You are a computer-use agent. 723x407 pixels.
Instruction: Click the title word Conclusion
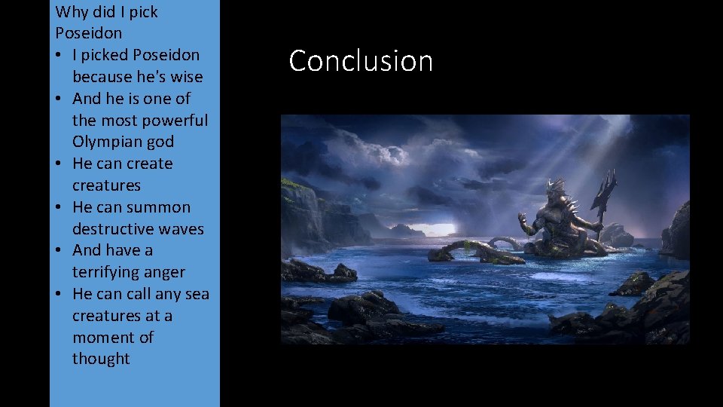(361, 61)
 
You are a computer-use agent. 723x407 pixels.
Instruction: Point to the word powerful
(175, 120)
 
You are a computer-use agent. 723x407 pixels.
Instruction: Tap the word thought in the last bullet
(101, 359)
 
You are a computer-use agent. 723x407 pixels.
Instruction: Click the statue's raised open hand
(521, 220)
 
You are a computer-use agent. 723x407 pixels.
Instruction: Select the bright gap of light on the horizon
(447, 228)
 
